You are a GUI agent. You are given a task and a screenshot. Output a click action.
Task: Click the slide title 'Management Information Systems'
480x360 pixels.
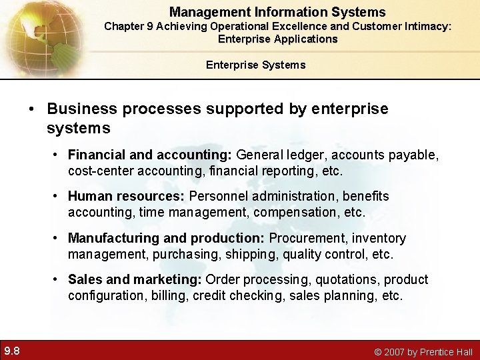point(277,12)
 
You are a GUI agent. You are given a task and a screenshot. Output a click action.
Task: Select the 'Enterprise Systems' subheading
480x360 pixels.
point(255,65)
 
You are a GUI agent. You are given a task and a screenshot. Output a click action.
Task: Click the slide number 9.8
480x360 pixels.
point(11,350)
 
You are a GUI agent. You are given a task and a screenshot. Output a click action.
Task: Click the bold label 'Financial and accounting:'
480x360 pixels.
point(150,155)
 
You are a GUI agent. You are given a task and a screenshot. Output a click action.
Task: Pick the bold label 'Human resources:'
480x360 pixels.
point(127,197)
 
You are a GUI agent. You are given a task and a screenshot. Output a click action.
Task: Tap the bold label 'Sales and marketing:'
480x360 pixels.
point(135,279)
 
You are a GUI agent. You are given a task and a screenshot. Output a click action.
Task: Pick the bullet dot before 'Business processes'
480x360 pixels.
point(32,109)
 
